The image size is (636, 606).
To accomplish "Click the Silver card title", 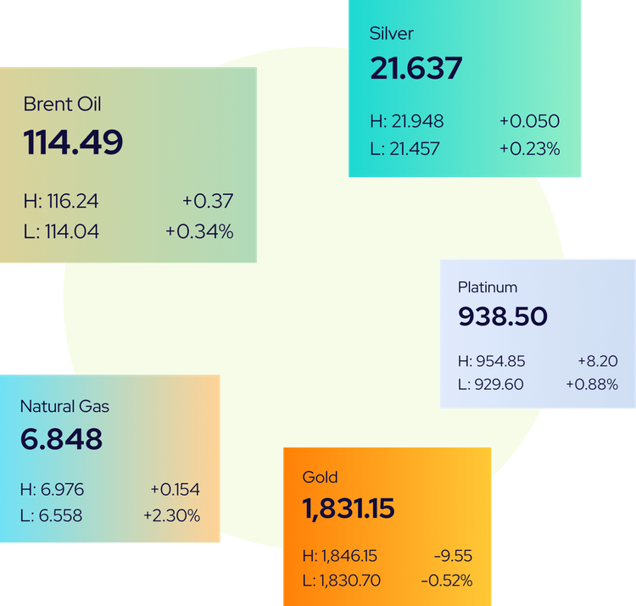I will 391,34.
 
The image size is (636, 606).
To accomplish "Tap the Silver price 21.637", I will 416,69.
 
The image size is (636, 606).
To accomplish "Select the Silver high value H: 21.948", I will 407,121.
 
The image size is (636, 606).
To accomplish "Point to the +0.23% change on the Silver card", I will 529,149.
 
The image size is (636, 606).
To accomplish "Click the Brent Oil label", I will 63,104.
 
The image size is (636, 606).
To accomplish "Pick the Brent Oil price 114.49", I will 73,142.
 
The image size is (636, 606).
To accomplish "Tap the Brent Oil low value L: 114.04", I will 61,231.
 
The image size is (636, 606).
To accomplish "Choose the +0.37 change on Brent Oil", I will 207,201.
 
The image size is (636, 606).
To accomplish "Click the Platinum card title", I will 488,287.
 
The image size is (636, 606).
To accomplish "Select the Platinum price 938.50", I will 503,317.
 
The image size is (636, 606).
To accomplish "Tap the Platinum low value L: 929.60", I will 490,384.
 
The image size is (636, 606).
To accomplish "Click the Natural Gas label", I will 64,407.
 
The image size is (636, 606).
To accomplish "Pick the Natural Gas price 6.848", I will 61,439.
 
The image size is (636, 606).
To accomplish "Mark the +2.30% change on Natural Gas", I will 171,515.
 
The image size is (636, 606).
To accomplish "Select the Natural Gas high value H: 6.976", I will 52,490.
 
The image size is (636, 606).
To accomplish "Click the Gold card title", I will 320,477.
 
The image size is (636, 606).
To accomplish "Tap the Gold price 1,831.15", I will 349,509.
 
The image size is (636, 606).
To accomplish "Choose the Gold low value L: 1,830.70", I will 342,581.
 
